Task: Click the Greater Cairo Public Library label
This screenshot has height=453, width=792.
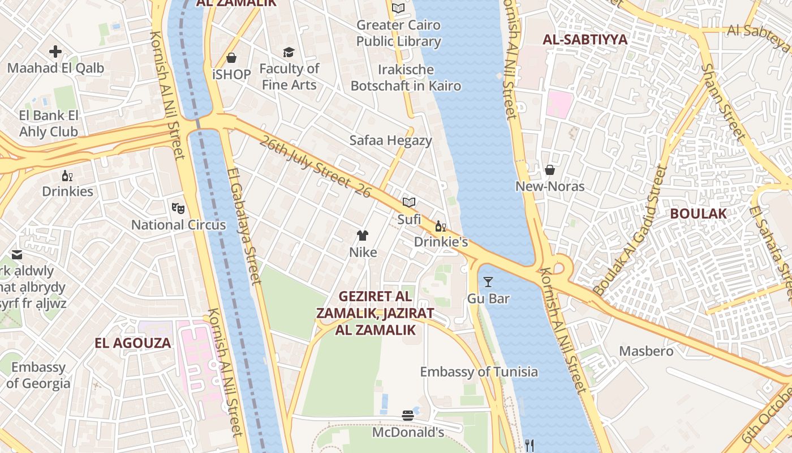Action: (x=399, y=33)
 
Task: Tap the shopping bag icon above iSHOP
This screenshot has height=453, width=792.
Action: (x=231, y=58)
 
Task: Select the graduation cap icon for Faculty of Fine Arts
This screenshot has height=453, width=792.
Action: (x=289, y=53)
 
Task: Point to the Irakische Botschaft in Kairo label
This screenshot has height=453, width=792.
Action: (x=406, y=78)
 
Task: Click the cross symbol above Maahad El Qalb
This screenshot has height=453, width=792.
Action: (x=55, y=52)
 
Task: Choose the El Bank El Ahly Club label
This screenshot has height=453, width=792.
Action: (x=49, y=123)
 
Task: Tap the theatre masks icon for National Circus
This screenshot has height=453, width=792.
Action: (x=178, y=208)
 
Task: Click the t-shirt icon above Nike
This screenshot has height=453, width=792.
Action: (x=363, y=236)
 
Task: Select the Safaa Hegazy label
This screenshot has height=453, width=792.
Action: (x=390, y=140)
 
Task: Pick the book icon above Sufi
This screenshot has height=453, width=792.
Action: (x=409, y=202)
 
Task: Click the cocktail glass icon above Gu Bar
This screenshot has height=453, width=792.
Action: (x=488, y=281)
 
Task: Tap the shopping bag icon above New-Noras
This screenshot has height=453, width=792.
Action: (x=549, y=170)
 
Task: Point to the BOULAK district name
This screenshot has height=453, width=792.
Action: (x=698, y=213)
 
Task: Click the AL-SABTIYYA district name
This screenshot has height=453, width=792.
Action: (x=585, y=40)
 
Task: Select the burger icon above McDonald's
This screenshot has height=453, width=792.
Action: (x=408, y=416)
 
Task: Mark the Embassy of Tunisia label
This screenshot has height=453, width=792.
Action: (x=479, y=372)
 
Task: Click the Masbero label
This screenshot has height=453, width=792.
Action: (x=646, y=351)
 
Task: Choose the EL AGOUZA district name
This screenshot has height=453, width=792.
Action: (x=132, y=343)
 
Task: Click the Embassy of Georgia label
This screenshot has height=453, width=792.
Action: (x=38, y=375)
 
